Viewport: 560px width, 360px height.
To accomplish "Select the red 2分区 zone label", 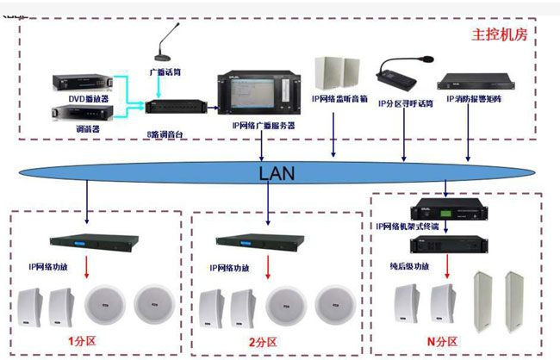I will (264, 342).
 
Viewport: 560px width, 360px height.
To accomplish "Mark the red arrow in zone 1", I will (87, 270).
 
